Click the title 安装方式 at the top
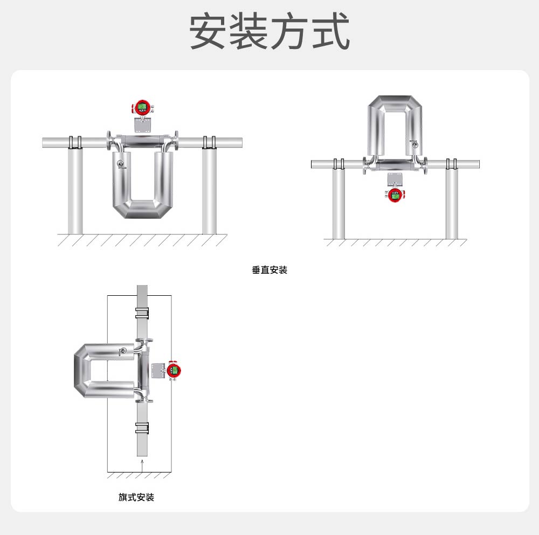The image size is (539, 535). pyautogui.click(x=269, y=32)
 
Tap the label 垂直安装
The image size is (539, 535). pyautogui.click(x=269, y=270)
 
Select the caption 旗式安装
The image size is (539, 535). pyautogui.click(x=136, y=497)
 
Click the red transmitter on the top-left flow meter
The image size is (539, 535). pyautogui.click(x=142, y=107)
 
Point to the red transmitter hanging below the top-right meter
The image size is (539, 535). pyautogui.click(x=396, y=195)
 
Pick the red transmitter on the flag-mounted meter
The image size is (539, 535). pyautogui.click(x=173, y=370)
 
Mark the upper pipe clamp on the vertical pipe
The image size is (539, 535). pyautogui.click(x=142, y=313)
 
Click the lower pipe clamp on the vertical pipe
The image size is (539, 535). pyautogui.click(x=142, y=428)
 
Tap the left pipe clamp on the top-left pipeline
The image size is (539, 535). pyautogui.click(x=75, y=142)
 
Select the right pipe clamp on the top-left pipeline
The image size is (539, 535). pyautogui.click(x=209, y=142)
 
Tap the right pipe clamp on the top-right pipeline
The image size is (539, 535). pyautogui.click(x=452, y=164)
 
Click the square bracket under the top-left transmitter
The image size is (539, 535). pyautogui.click(x=142, y=124)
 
